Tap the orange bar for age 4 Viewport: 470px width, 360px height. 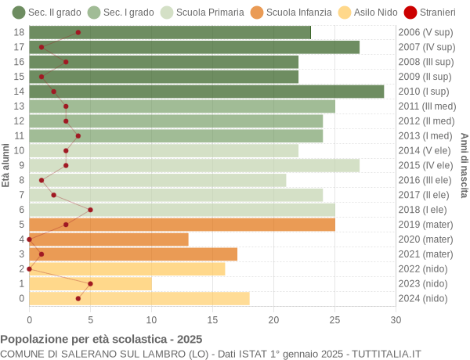coord(109,239)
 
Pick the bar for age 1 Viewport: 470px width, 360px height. coord(90,283)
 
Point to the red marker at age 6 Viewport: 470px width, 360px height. coord(90,210)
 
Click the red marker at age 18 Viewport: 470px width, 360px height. coord(78,32)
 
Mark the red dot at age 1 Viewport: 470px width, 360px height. coord(90,283)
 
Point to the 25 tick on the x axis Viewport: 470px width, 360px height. coord(334,319)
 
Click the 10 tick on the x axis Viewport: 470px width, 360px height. coord(151,319)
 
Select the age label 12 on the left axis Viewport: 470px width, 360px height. coord(20,121)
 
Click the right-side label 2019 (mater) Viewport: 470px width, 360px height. coord(425,225)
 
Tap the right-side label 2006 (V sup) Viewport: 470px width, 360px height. coord(425,32)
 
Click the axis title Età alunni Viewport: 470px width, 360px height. coord(6,165)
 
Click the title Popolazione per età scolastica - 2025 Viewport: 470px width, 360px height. coord(101,340)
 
